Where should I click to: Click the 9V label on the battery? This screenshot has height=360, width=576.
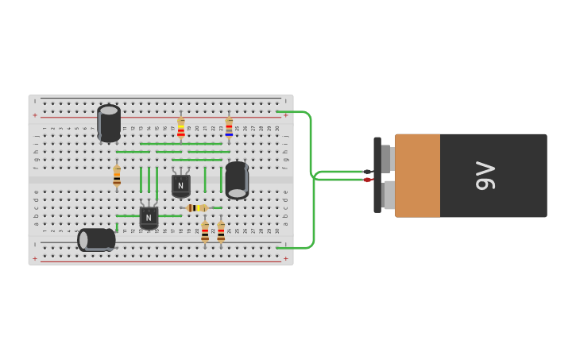485,176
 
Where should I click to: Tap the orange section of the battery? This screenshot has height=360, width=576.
417,176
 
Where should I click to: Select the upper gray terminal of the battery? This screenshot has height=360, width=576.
387,158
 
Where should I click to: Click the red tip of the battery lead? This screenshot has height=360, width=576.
368,180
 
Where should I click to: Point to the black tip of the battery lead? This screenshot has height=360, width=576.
368,172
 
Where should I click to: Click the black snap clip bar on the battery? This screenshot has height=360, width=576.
377,176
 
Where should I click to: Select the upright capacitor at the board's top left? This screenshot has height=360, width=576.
109,123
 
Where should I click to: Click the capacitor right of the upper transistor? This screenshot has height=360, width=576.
237,180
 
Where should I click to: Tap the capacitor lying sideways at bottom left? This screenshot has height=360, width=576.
96,239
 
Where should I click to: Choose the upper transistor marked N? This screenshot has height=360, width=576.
180,184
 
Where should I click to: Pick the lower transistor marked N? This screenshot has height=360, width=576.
149,216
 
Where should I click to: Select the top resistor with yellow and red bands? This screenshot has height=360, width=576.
180,128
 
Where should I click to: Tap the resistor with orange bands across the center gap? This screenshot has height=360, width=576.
117,176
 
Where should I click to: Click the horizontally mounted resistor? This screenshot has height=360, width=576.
196,208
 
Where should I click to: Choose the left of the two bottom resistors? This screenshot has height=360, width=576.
205,232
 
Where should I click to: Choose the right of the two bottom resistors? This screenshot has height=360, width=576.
221,232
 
